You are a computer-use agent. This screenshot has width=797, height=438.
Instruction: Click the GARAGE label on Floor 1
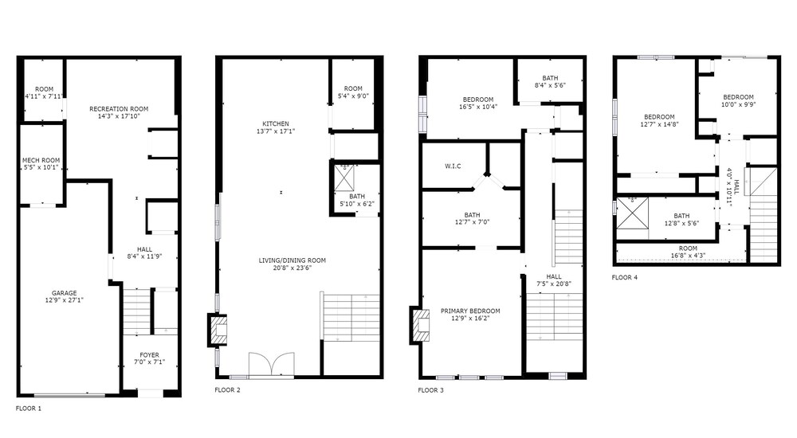click(x=64, y=293)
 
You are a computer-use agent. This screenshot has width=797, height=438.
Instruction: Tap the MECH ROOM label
click(x=41, y=161)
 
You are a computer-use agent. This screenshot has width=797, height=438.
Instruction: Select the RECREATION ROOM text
click(x=119, y=109)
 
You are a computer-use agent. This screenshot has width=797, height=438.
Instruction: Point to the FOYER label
click(x=150, y=355)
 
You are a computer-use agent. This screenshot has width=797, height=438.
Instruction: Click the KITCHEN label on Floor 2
click(x=276, y=124)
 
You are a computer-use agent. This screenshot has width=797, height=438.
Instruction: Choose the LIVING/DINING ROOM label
click(x=292, y=260)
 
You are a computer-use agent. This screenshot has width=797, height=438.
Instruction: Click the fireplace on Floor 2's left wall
click(x=217, y=330)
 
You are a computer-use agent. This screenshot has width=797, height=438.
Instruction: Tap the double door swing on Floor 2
click(x=272, y=364)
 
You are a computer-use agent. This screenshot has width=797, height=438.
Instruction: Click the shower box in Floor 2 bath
click(x=344, y=178)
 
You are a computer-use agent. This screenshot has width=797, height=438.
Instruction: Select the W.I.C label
click(x=453, y=166)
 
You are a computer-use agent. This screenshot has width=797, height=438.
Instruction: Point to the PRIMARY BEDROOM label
click(x=470, y=311)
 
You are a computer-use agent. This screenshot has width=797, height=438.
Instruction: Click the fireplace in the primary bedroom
click(x=420, y=325)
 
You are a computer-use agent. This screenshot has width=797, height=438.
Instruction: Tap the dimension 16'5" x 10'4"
click(x=478, y=107)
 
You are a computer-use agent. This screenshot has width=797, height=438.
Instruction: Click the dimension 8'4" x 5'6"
click(x=550, y=85)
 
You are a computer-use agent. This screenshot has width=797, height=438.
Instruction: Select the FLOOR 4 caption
click(x=625, y=277)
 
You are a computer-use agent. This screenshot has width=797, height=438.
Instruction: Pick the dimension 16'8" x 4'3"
click(x=688, y=256)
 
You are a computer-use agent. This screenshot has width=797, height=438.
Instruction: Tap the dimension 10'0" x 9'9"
click(x=739, y=104)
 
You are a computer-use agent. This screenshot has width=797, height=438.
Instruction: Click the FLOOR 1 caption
click(x=29, y=409)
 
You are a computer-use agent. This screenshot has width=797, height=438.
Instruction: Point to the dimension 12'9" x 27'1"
click(x=64, y=300)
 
